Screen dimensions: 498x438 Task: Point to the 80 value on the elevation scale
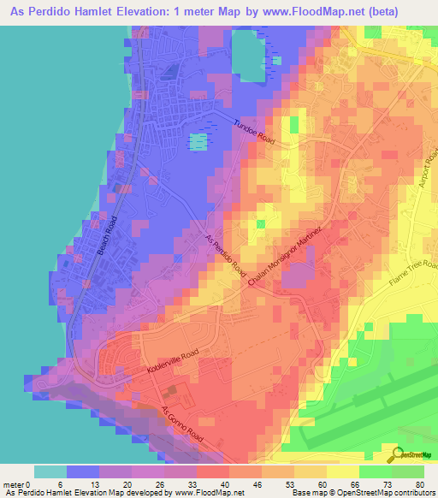[x=419, y=484]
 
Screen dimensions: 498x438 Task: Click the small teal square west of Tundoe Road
[x=198, y=141]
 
